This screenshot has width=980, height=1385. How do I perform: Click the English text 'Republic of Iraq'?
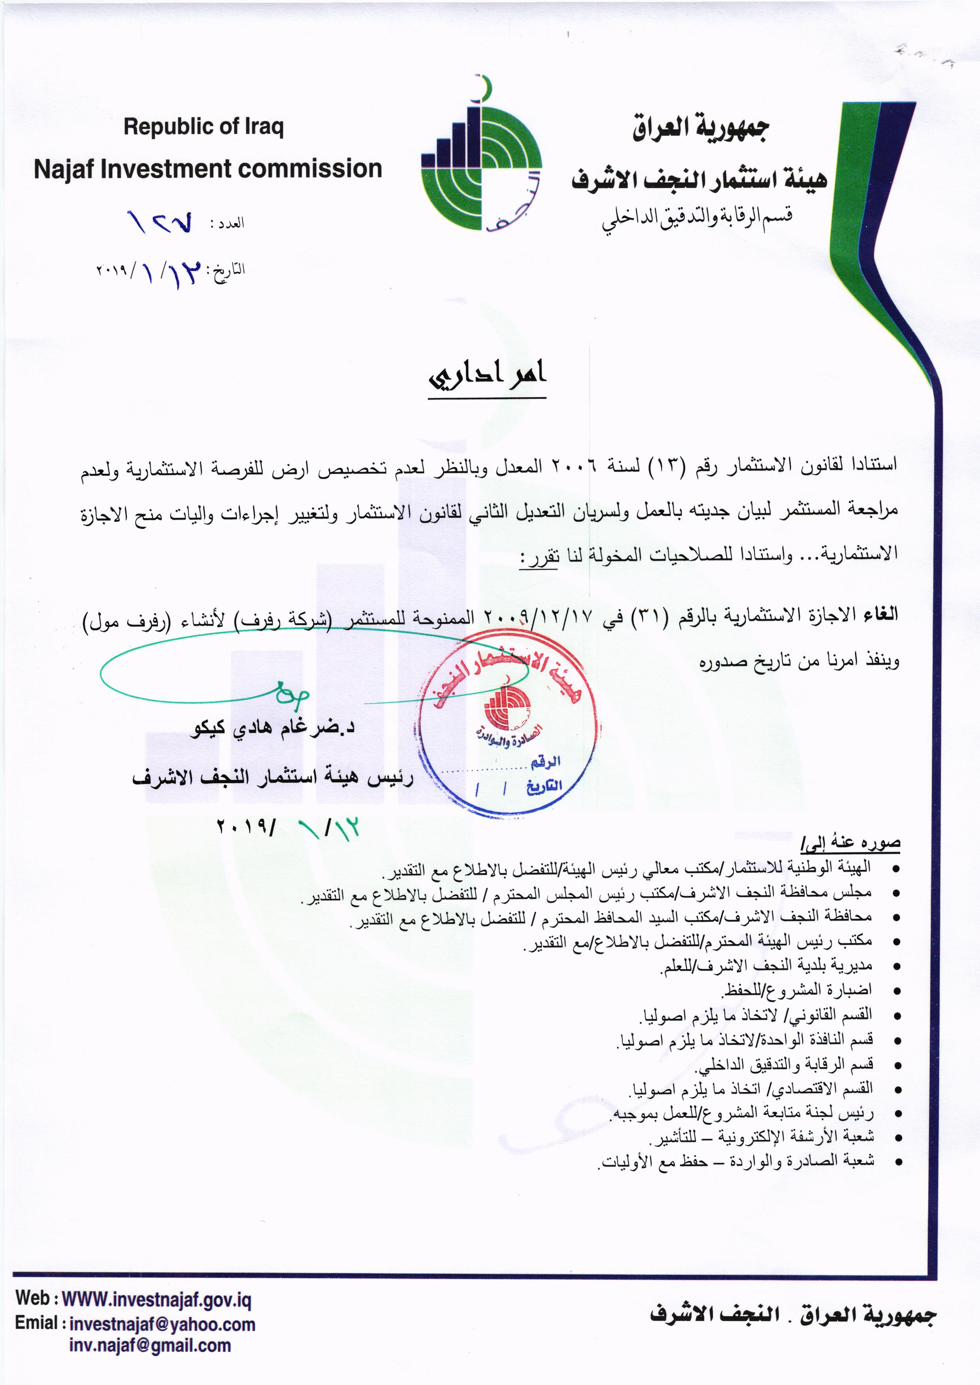pyautogui.click(x=204, y=127)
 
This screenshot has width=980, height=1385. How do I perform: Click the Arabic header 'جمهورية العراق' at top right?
pyautogui.click(x=701, y=128)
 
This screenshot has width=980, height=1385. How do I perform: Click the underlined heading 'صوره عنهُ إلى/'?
pyautogui.click(x=851, y=843)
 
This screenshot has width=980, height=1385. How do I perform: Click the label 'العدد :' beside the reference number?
pyautogui.click(x=227, y=223)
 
